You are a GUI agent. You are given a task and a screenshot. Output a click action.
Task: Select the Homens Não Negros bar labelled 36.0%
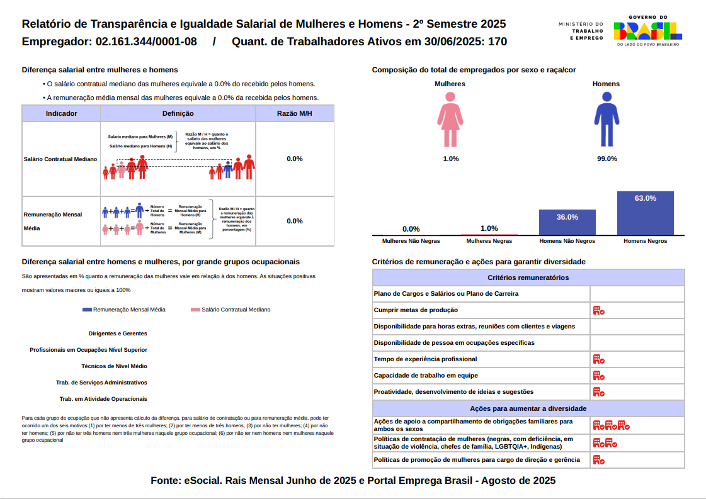tap(567, 222)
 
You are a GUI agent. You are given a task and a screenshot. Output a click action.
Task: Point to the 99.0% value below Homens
tap(606, 159)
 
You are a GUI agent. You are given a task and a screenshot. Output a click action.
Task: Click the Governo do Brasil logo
tap(647, 30)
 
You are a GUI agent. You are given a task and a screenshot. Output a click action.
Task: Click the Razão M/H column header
tap(294, 113)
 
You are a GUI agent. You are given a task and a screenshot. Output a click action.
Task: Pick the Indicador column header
tap(62, 113)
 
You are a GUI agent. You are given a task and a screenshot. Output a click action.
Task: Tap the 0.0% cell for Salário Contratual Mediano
tap(294, 159)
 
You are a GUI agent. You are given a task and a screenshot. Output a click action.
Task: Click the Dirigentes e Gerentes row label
tap(118, 334)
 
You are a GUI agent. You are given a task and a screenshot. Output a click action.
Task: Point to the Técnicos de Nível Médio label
tap(114, 366)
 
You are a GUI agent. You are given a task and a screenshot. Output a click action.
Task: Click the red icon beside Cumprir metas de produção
tap(598, 310)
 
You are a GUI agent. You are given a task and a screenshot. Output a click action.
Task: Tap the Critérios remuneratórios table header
tap(528, 278)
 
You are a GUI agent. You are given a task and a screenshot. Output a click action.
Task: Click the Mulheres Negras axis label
tap(489, 241)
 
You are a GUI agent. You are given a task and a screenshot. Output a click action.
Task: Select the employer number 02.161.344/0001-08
tap(146, 42)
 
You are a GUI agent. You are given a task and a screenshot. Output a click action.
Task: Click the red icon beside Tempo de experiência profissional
tap(598, 359)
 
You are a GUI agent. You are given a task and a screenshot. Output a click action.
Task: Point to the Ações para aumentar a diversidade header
tap(528, 408)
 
